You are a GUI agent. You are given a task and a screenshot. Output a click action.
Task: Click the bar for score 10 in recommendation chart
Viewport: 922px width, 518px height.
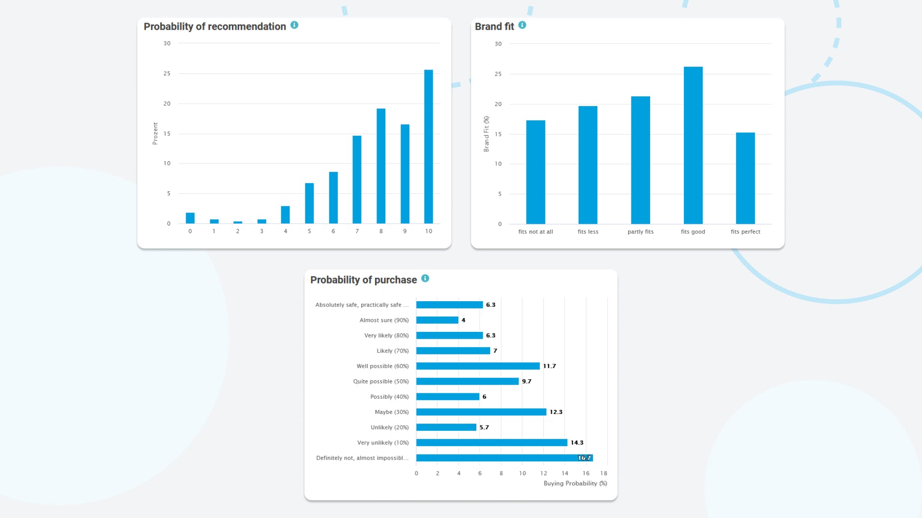428,147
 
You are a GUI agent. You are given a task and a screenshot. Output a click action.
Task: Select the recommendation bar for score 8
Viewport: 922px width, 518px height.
381,166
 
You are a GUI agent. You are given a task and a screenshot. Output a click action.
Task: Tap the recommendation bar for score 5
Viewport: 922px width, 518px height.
309,203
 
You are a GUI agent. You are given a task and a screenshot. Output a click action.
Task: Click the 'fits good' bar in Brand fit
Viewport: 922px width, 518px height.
693,145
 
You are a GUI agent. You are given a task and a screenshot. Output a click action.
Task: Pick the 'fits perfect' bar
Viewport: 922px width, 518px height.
745,178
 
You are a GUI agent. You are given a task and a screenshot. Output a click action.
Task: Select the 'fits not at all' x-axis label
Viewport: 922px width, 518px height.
535,232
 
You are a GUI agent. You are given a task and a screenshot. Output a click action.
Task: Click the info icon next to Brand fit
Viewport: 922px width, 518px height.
522,25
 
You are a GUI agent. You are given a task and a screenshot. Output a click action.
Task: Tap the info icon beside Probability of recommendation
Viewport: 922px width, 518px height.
294,25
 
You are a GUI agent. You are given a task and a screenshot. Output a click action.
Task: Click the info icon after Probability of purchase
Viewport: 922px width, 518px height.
425,278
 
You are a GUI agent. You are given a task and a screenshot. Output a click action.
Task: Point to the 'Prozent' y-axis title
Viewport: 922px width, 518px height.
155,133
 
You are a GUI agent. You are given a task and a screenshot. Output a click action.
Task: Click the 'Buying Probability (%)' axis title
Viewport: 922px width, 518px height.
575,483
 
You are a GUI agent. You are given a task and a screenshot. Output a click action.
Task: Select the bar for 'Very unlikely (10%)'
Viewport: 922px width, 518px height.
492,443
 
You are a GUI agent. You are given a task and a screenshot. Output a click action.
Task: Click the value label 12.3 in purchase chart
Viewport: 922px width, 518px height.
556,412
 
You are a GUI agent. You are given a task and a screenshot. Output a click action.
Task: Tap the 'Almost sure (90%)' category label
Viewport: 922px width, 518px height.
384,320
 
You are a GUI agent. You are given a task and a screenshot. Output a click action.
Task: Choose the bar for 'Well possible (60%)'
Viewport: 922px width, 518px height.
478,366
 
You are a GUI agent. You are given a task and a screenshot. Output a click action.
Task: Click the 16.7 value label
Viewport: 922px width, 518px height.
584,458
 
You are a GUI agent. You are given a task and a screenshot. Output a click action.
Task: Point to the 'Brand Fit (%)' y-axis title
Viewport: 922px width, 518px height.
486,134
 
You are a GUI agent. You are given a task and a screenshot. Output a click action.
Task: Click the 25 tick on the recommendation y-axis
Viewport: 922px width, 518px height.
167,73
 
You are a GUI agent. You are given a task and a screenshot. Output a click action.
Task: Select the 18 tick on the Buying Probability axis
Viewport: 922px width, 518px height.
604,473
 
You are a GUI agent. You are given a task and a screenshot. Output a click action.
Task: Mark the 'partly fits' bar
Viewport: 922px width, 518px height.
641,160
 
